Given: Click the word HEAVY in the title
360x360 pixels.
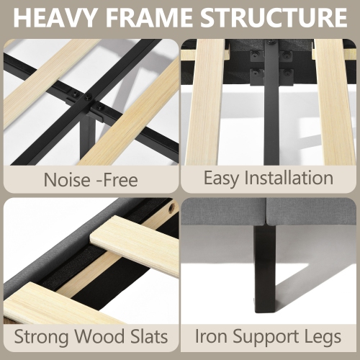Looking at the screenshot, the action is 53,17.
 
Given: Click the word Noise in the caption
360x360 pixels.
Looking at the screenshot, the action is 67,180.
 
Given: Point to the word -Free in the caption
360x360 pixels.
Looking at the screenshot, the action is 117,180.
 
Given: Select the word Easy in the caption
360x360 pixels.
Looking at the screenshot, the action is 221,179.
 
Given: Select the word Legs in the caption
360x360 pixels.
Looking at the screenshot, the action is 323,338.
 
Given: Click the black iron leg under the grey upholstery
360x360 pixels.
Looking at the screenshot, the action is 265,269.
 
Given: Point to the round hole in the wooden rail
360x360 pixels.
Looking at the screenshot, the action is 172,207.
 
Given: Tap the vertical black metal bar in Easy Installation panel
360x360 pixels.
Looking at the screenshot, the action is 271,103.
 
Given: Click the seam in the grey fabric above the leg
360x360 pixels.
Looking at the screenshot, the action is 266,211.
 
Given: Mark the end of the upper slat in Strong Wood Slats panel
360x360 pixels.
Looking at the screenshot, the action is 91,238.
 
